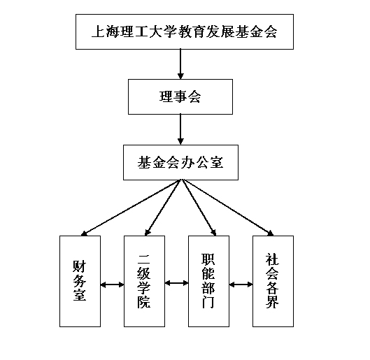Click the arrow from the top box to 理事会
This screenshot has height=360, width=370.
(x=180, y=64)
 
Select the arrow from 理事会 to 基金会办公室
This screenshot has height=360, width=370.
(x=180, y=129)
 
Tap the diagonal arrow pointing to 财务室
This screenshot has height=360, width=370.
(x=130, y=208)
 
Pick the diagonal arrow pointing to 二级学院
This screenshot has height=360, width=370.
(x=162, y=208)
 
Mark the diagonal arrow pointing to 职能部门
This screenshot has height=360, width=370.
(x=199, y=208)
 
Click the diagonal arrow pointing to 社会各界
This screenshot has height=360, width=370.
(x=228, y=208)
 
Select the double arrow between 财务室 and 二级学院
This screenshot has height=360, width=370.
(x=113, y=285)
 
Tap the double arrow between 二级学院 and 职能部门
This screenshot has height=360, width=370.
(x=176, y=282)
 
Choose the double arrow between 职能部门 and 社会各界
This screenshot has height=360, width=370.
(x=241, y=285)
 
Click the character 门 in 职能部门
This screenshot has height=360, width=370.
(x=208, y=302)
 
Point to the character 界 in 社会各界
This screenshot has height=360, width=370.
(x=272, y=302)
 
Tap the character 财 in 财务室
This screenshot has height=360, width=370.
(x=80, y=266)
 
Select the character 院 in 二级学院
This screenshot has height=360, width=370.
(x=144, y=302)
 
